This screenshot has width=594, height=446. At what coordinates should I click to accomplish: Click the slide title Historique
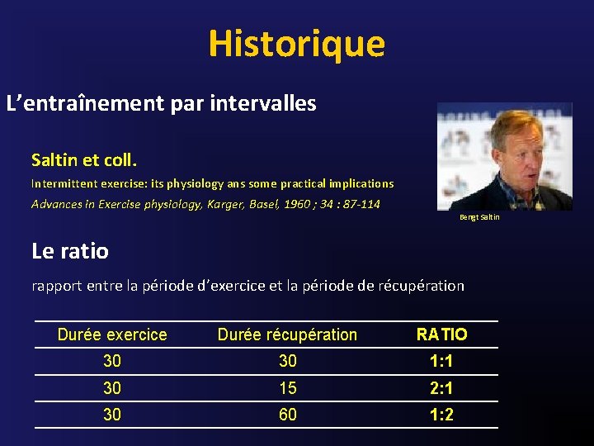click(296, 43)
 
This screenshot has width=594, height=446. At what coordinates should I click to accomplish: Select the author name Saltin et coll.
click(83, 159)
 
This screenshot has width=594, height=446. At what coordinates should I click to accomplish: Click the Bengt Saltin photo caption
click(479, 217)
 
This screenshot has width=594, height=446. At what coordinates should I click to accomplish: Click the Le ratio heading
click(70, 249)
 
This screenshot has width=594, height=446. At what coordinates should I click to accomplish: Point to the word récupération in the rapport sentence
click(421, 286)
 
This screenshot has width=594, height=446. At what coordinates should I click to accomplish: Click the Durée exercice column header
click(112, 334)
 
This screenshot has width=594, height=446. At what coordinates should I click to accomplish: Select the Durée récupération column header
click(287, 334)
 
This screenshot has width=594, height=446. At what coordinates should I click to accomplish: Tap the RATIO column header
click(441, 334)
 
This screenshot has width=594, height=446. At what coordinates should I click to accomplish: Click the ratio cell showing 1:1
click(441, 362)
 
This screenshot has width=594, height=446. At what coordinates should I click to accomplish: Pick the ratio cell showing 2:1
click(441, 388)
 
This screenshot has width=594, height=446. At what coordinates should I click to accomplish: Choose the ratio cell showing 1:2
click(441, 415)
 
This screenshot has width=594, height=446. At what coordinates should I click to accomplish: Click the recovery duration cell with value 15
click(288, 388)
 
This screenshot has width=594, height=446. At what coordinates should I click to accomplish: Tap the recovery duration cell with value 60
click(288, 415)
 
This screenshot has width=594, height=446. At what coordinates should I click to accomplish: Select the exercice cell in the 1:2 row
click(112, 415)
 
